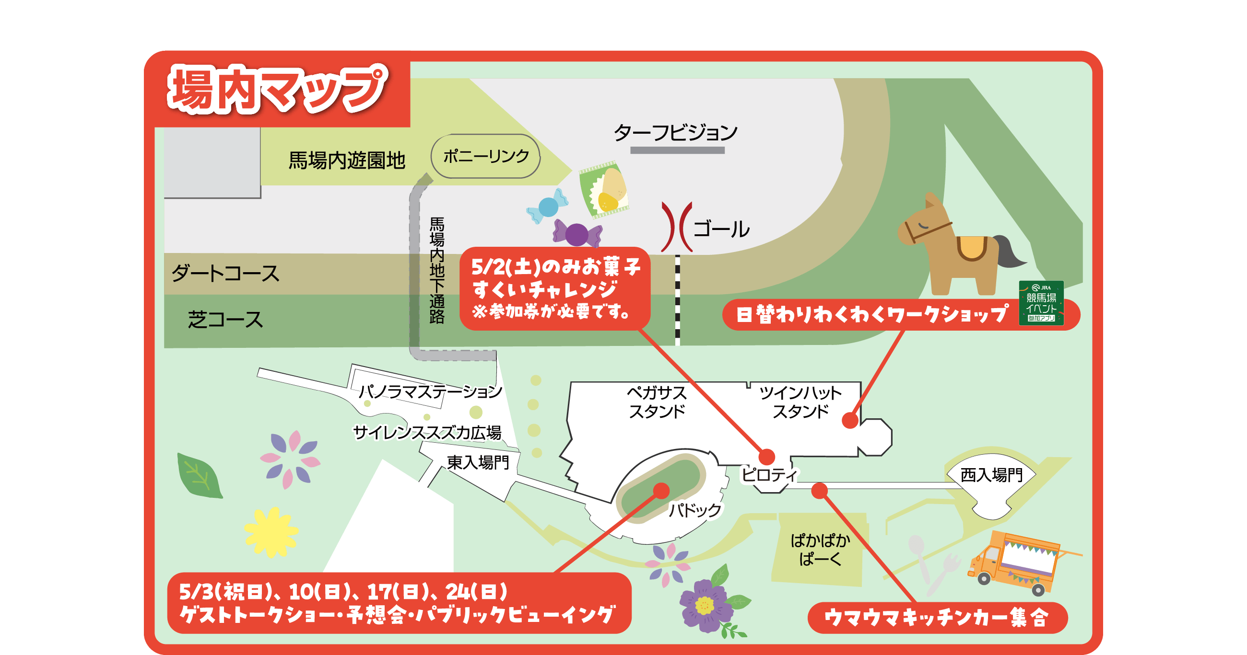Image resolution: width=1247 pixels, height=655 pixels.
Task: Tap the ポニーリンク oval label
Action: click(x=485, y=156)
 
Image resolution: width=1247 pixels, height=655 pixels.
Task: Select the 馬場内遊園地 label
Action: click(x=347, y=161)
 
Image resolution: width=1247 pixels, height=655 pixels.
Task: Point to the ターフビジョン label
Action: click(x=676, y=133)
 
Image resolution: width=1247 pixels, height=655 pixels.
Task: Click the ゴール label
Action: click(x=721, y=229)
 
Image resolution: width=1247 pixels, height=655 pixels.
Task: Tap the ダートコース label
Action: click(x=225, y=273)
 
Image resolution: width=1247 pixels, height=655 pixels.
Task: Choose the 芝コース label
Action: click(x=225, y=320)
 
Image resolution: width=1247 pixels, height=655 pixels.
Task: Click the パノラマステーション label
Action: click(x=430, y=391)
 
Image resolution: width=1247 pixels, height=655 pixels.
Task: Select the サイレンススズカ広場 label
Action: click(x=427, y=432)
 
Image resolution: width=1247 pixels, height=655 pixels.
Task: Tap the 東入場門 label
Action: click(x=478, y=462)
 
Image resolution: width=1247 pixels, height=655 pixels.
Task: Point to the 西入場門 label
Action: click(x=991, y=475)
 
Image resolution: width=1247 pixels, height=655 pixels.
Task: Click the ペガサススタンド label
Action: click(x=657, y=402)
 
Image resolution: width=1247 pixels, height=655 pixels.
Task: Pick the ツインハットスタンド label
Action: click(x=800, y=402)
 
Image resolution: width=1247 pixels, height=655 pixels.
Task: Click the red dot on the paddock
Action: click(x=661, y=491)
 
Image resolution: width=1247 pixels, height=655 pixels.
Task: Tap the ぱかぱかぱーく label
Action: click(x=821, y=550)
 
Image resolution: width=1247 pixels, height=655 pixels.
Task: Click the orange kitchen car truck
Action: click(x=1017, y=561)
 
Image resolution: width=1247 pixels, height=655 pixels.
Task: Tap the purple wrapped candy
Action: click(x=577, y=235)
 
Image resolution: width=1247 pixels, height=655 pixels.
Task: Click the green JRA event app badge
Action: click(x=1041, y=303)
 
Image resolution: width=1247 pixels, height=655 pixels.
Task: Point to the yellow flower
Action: click(x=271, y=532)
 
